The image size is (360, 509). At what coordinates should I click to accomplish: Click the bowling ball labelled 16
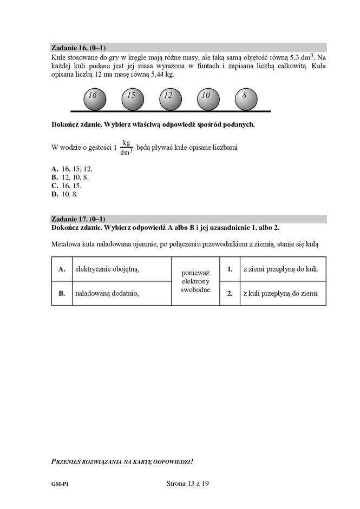pos(93,97)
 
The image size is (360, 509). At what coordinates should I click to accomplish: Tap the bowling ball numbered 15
pos(130,97)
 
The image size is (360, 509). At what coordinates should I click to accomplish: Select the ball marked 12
pos(168,97)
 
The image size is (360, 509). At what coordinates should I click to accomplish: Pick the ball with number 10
pos(206,97)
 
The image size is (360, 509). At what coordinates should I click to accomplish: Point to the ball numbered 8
pos(245,97)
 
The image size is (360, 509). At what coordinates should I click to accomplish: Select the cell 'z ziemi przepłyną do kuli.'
pos(280,269)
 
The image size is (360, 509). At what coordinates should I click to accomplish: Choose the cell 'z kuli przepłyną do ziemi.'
pos(280,293)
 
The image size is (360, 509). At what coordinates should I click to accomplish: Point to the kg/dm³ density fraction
pos(126,147)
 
